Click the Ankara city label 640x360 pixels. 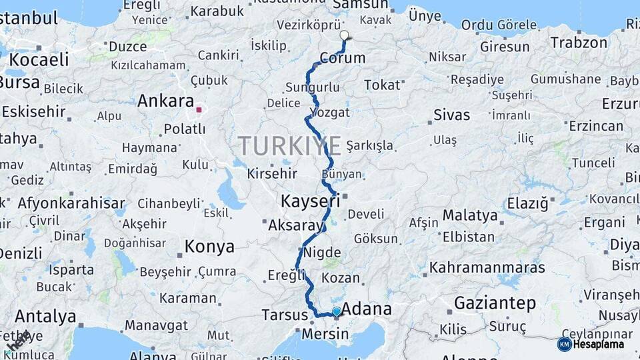tap(165, 101)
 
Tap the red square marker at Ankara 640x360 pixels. tap(199, 109)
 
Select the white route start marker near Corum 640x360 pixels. tap(344, 35)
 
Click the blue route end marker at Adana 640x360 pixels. tap(337, 311)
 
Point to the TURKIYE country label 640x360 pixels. tap(289, 146)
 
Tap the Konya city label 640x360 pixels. tap(209, 247)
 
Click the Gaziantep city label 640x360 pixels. tap(495, 303)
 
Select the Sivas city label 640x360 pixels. tap(451, 115)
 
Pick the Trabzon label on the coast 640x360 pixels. tap(579, 43)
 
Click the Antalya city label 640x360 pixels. tap(45, 316)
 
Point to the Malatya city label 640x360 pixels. tap(470, 215)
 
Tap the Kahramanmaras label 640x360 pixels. tap(487, 268)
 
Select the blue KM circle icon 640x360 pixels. tap(564, 344)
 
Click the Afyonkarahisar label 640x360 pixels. tap(71, 203)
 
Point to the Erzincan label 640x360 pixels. tap(595, 125)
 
